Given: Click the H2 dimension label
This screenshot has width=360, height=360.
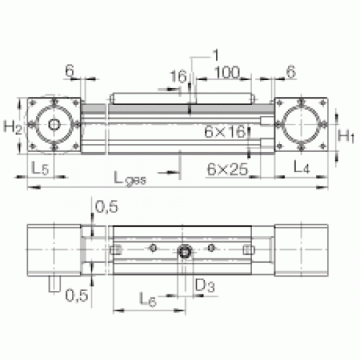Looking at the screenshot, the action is pyautogui.click(x=12, y=127).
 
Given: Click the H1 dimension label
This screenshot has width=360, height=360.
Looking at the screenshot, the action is pyautogui.click(x=346, y=136).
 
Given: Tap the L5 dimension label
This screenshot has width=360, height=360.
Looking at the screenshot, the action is pyautogui.click(x=40, y=168).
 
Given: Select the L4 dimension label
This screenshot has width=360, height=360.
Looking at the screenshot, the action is pyautogui.click(x=302, y=166).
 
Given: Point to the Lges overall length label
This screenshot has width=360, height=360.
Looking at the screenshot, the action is pyautogui.click(x=130, y=179).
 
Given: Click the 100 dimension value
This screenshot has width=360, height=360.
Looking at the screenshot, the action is pyautogui.click(x=227, y=72).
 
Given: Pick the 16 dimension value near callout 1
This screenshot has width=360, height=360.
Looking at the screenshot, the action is pyautogui.click(x=178, y=76).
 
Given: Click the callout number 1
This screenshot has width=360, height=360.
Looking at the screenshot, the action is pyautogui.click(x=216, y=55).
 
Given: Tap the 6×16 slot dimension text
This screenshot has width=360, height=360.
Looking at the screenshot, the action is pyautogui.click(x=225, y=131).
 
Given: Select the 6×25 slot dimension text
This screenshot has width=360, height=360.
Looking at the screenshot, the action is pyautogui.click(x=228, y=168).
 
